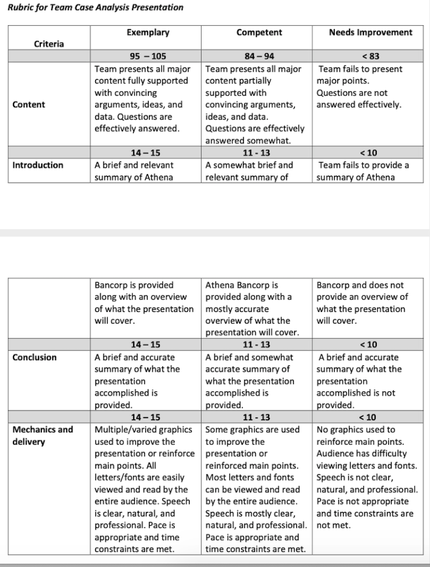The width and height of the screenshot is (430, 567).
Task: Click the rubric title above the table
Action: pyautogui.click(x=96, y=8)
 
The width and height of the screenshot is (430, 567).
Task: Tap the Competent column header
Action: pyautogui.click(x=259, y=32)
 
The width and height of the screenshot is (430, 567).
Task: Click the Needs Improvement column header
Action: pyautogui.click(x=370, y=32)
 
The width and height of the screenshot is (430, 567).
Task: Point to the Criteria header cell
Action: pyautogui.click(x=49, y=44)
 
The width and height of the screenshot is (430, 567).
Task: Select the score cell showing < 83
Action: pyautogui.click(x=370, y=56)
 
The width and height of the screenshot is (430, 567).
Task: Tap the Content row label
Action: pyautogui.click(x=29, y=104)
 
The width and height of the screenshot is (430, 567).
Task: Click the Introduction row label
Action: pyautogui.click(x=38, y=165)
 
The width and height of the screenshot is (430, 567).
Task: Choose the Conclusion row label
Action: pyautogui.click(x=34, y=357)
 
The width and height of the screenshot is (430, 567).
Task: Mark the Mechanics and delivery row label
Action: pyautogui.click(x=43, y=429)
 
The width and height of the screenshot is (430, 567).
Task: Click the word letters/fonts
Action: pyautogui.click(x=120, y=478)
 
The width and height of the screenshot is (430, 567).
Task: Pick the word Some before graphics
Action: pyautogui.click(x=217, y=429)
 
